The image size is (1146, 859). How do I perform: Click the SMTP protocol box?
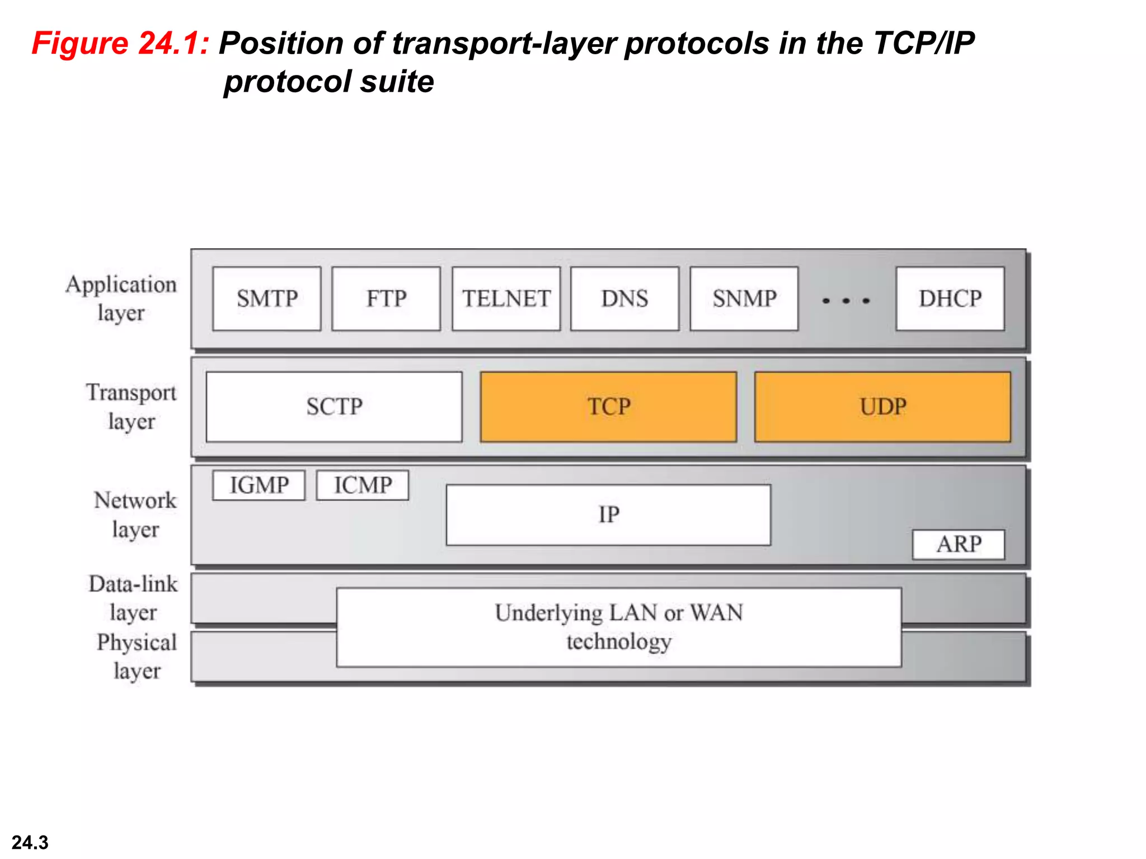pyautogui.click(x=267, y=299)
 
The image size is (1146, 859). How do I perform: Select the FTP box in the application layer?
pyautogui.click(x=386, y=299)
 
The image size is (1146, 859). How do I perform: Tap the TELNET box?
pyautogui.click(x=506, y=299)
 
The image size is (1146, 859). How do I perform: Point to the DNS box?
pyautogui.click(x=624, y=299)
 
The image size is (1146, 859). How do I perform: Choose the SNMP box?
pyautogui.click(x=744, y=299)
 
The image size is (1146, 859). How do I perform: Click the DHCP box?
pyautogui.click(x=950, y=299)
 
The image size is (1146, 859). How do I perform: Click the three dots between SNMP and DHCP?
pyautogui.click(x=846, y=301)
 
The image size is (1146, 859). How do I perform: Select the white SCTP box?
pyautogui.click(x=334, y=407)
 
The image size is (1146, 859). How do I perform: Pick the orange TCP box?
pyautogui.click(x=608, y=407)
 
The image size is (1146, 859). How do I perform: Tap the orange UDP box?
pyautogui.click(x=882, y=407)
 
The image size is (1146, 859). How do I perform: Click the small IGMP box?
pyautogui.click(x=259, y=485)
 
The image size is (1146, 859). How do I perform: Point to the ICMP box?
pyautogui.click(x=363, y=485)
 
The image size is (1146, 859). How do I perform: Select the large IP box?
pyautogui.click(x=608, y=515)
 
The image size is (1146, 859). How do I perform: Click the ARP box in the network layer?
pyautogui.click(x=959, y=544)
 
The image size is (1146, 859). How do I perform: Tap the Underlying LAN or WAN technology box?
pyautogui.click(x=619, y=627)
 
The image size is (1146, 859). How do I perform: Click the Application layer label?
pyautogui.click(x=121, y=298)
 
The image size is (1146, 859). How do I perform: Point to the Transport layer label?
pyautogui.click(x=131, y=406)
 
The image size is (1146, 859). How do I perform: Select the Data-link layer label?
pyautogui.click(x=133, y=598)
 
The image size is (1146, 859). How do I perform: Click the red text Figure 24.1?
pyautogui.click(x=120, y=43)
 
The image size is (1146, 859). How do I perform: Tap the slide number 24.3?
pyautogui.click(x=30, y=842)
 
